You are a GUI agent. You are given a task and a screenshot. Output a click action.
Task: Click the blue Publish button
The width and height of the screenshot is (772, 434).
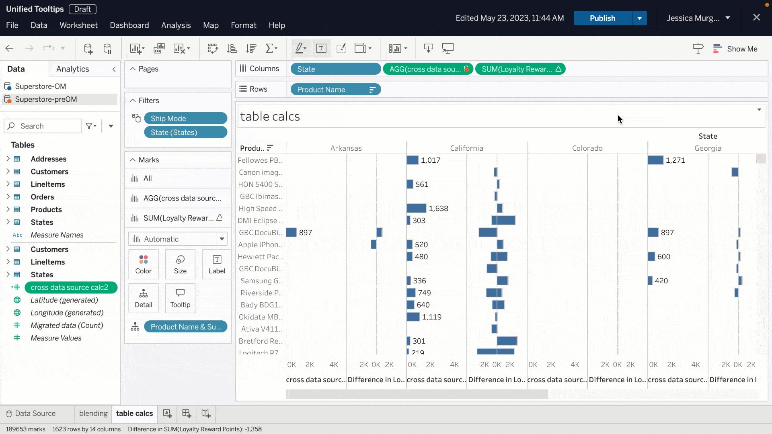tap(602, 18)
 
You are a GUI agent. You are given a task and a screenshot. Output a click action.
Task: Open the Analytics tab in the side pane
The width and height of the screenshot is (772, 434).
tap(72, 69)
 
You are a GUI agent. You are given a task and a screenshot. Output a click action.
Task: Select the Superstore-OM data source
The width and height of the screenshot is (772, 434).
tap(40, 86)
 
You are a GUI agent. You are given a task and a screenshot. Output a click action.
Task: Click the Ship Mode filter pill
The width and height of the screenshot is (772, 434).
tap(185, 119)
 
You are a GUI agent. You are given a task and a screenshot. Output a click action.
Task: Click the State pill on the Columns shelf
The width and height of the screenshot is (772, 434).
tap(335, 69)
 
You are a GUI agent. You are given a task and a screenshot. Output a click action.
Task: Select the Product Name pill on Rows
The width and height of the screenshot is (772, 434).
tap(335, 90)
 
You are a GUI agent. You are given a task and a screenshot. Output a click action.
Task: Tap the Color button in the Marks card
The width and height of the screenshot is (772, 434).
tap(144, 264)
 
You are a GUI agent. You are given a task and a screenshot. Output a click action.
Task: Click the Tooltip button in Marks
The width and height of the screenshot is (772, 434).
tap(180, 298)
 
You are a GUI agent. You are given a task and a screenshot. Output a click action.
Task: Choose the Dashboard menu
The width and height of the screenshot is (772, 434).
tap(129, 25)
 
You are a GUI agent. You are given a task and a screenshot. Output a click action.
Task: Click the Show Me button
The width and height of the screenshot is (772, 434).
tap(735, 49)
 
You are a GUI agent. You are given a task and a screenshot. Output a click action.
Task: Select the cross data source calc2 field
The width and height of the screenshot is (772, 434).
tap(70, 287)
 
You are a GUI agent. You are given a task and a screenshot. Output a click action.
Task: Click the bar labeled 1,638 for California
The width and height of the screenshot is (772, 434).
tap(416, 209)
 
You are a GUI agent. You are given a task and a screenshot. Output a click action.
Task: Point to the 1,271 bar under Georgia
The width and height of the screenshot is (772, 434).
tap(655, 160)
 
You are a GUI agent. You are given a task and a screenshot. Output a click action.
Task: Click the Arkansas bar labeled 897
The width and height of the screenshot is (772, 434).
tap(291, 233)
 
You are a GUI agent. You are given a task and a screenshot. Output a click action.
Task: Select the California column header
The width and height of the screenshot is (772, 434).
tap(466, 148)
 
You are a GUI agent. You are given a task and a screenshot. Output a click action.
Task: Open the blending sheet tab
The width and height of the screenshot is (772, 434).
tap(93, 414)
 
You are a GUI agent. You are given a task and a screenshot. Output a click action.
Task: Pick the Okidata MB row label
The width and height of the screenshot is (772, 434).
tap(261, 317)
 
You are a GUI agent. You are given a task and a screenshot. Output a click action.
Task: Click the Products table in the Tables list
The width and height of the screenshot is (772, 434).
tap(46, 210)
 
